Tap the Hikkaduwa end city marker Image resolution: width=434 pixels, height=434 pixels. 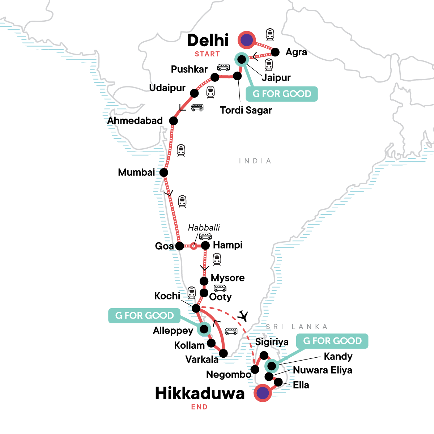tap(263, 392)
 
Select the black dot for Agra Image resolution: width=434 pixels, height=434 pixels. tap(275, 52)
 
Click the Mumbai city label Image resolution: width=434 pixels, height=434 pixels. tap(136, 172)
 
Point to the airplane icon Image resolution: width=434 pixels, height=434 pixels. tap(243, 316)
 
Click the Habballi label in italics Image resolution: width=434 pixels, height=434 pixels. tap(204, 227)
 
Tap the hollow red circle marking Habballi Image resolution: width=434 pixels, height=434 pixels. tap(193, 246)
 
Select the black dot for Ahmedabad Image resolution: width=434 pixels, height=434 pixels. tap(174, 121)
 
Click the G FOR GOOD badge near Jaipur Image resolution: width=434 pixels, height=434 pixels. tap(282, 94)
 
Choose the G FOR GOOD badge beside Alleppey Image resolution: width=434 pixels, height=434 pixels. tap(145, 316)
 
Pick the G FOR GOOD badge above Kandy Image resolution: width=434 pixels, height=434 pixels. tap(332, 341)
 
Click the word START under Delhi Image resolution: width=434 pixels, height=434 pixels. tap(207, 54)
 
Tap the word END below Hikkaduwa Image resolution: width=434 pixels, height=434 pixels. tap(200, 407)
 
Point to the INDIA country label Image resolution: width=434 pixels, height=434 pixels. tap(255, 161)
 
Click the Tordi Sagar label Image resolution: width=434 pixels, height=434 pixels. tap(246, 110)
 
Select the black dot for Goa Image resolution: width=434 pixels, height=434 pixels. tap(179, 246)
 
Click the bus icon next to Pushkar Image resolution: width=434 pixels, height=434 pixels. tap(224, 67)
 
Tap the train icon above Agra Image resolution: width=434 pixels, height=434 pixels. tap(270, 34)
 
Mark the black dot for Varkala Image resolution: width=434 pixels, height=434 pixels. tap(224, 353)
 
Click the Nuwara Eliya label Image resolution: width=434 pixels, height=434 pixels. tap(323, 370)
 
